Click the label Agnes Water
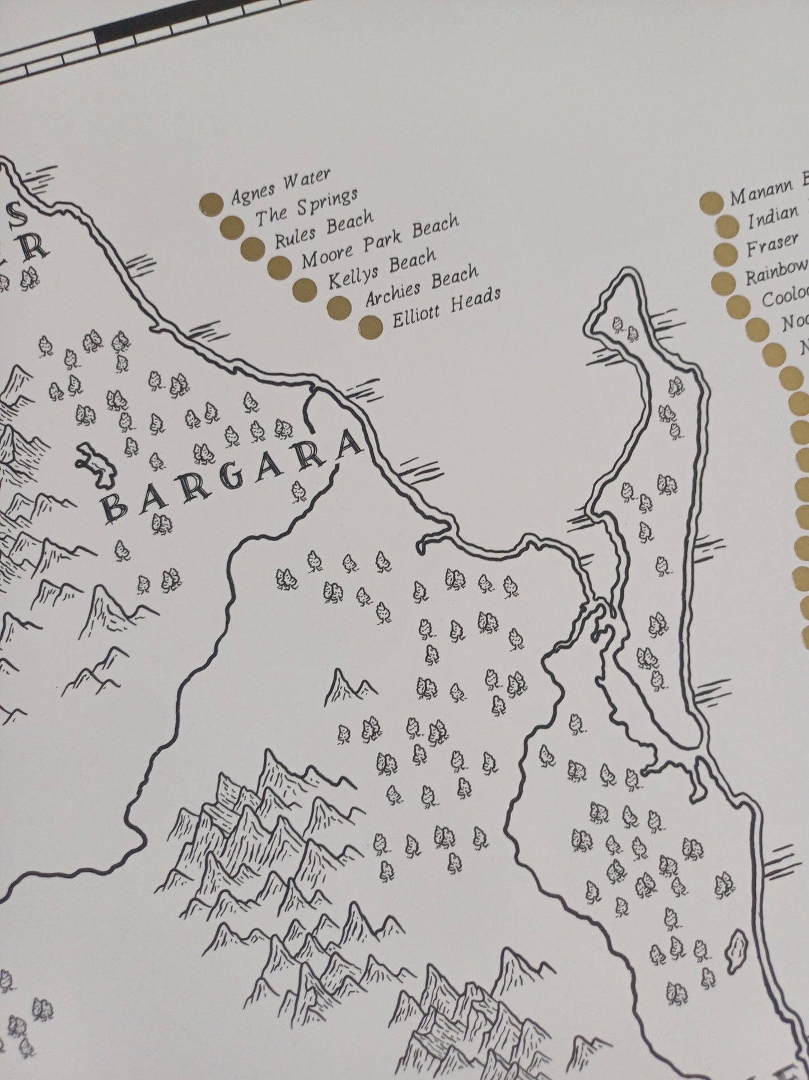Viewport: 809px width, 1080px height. (x=280, y=187)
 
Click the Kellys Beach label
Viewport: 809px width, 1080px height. (x=381, y=269)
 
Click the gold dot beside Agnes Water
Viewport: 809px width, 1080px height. (x=211, y=204)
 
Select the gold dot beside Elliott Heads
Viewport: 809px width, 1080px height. (x=372, y=327)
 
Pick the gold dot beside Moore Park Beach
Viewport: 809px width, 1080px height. (x=279, y=266)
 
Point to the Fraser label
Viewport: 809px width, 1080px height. (x=771, y=244)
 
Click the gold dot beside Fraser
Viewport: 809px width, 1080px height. (x=726, y=253)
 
